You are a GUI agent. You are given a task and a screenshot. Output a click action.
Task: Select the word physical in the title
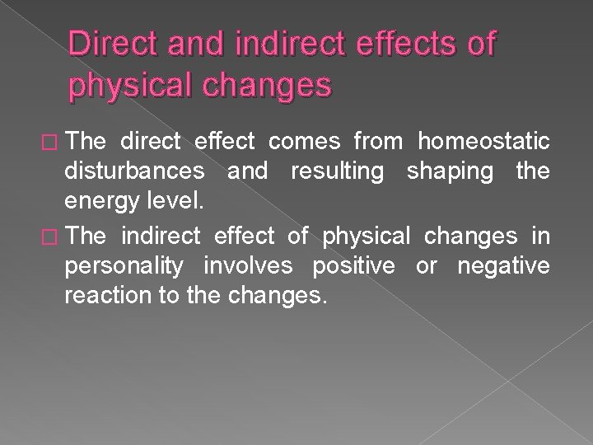[132, 85]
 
